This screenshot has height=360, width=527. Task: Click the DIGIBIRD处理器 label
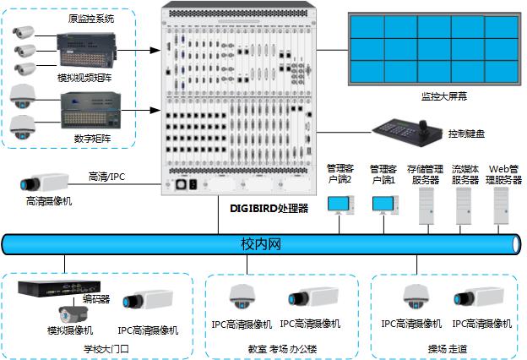pyautogui.click(x=269, y=205)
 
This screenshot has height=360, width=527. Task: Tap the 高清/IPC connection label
pyautogui.click(x=108, y=177)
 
